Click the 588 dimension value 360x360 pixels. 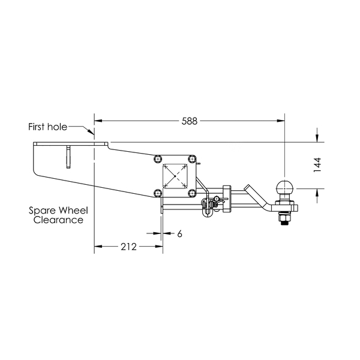190,121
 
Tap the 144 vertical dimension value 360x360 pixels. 317,165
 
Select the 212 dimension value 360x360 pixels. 128,247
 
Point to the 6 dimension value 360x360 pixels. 179,234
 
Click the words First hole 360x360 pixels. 48,127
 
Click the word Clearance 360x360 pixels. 58,220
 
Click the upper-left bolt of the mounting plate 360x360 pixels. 158,159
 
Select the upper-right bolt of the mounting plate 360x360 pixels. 192,159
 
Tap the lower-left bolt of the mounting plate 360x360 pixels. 158,193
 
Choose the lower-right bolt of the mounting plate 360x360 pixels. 192,193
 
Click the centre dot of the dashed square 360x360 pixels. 175,176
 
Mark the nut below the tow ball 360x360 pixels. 284,217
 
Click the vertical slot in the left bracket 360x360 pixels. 68,157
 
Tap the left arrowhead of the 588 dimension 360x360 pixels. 98,121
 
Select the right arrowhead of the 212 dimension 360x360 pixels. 159,247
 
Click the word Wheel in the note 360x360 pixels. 73,211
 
